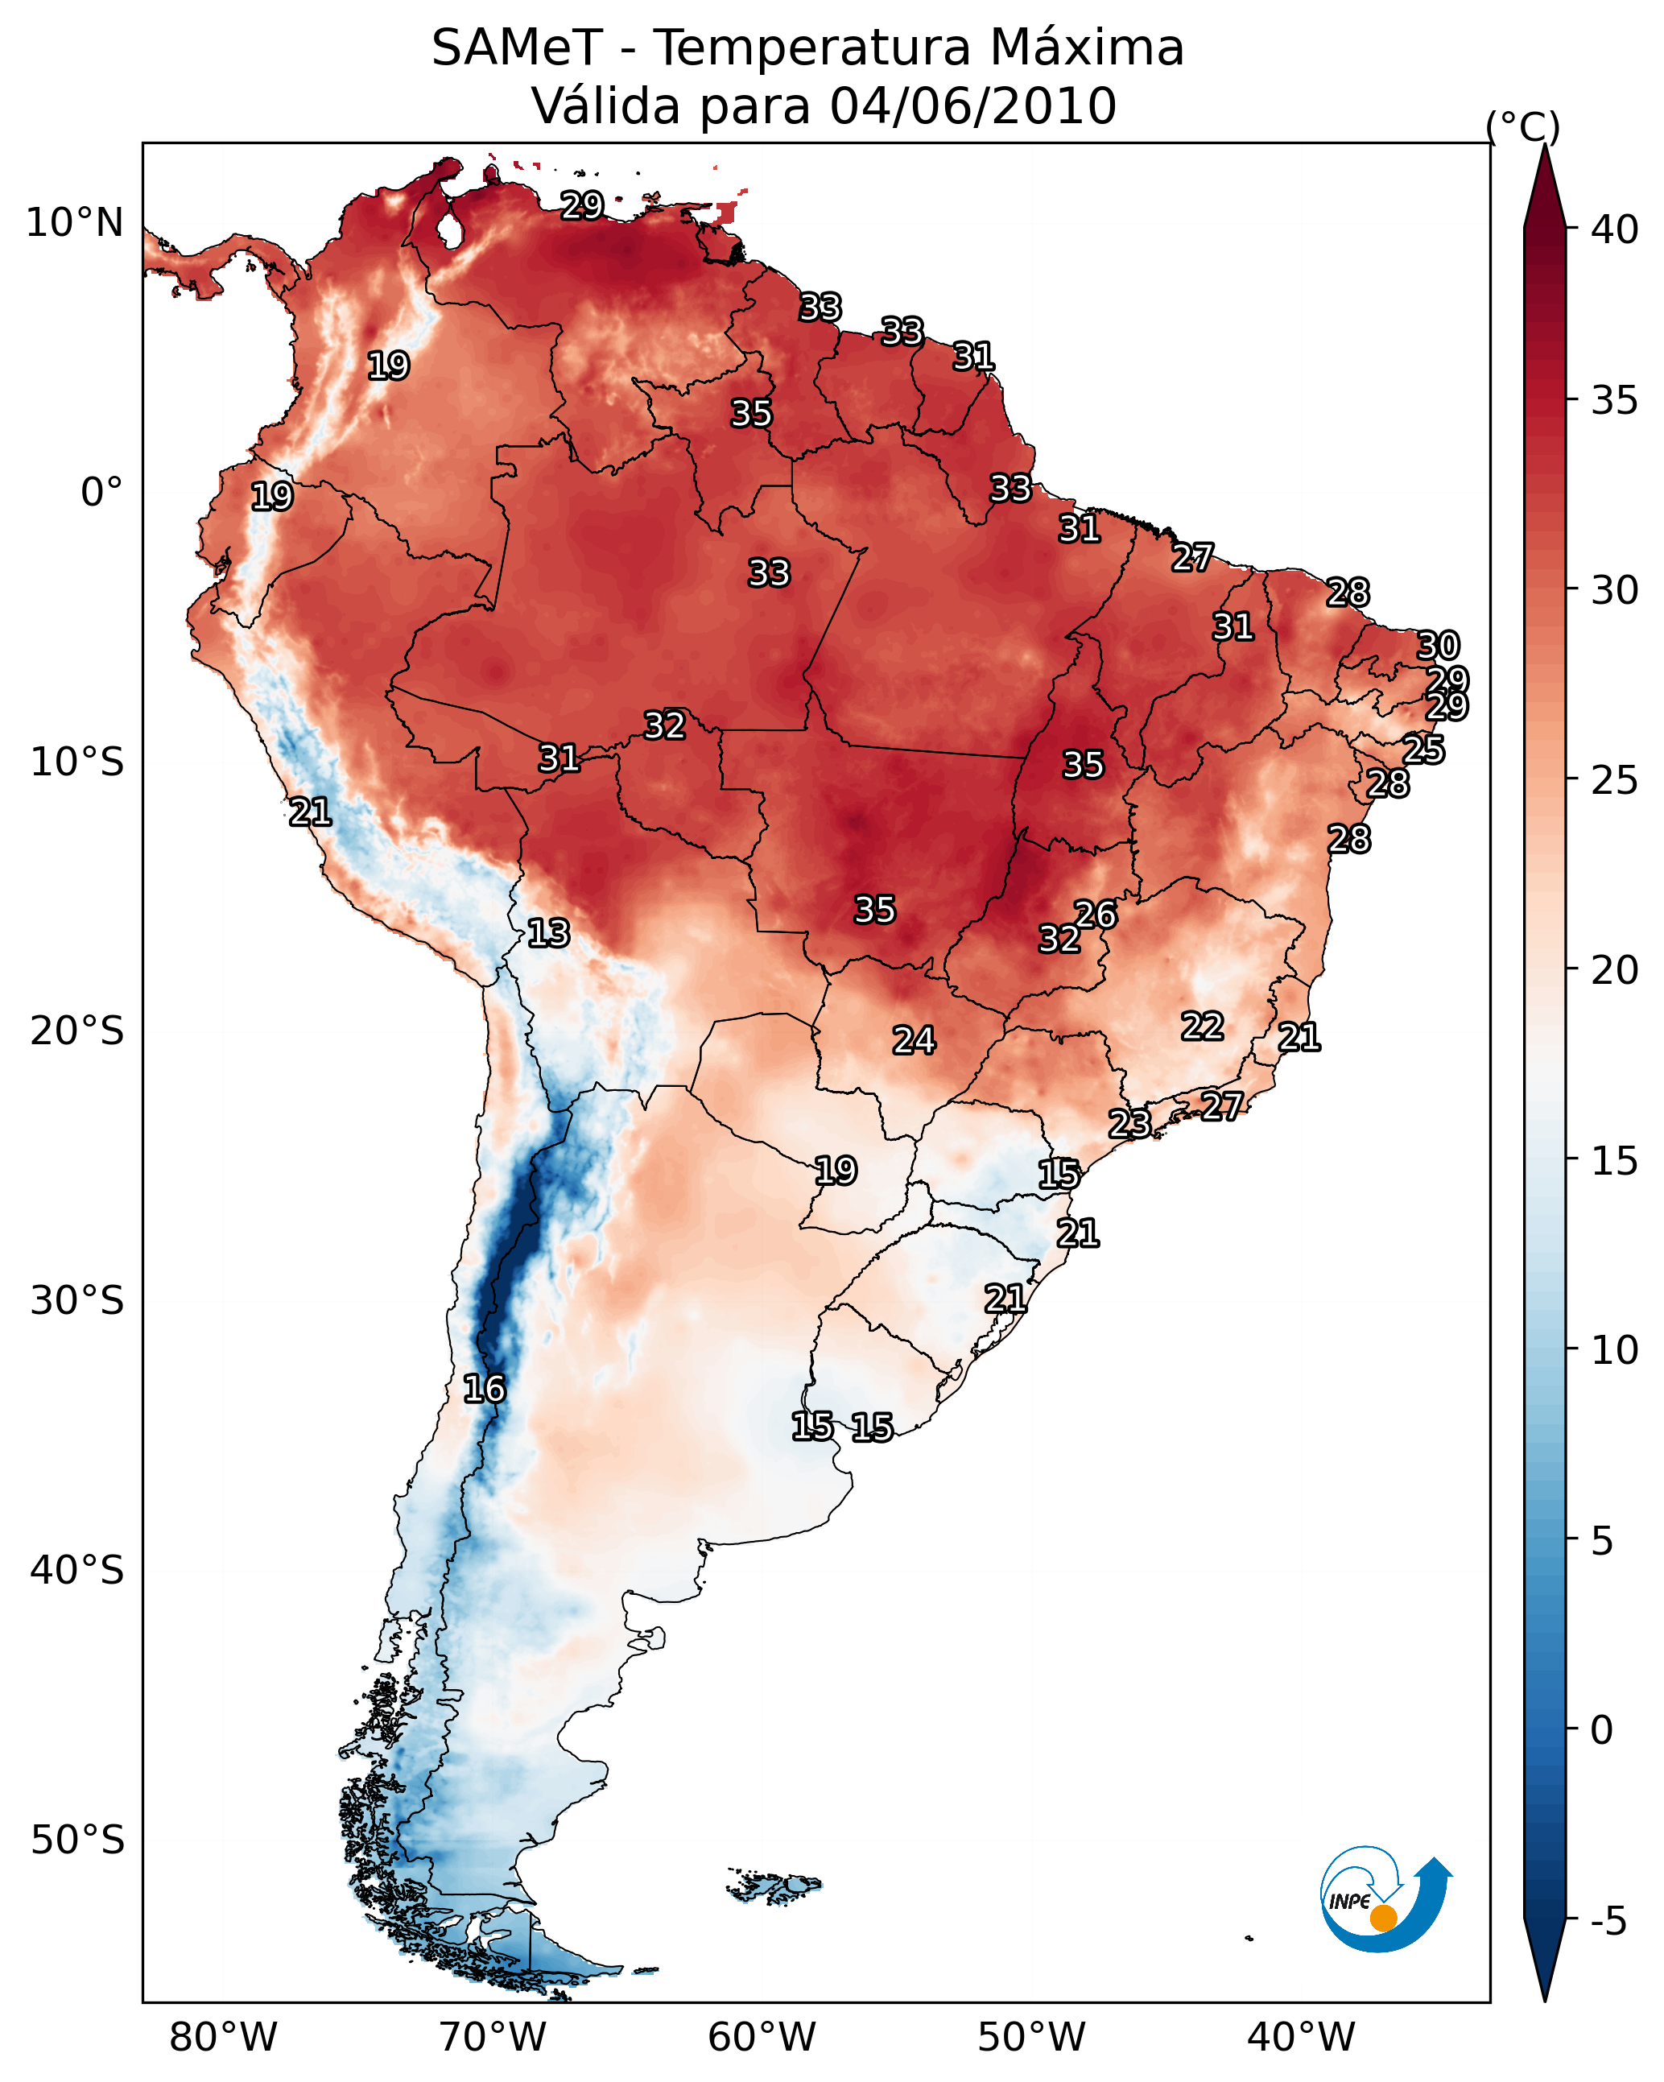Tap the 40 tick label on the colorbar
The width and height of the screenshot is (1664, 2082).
click(1615, 229)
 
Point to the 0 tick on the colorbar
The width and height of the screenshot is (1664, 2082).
click(1601, 1730)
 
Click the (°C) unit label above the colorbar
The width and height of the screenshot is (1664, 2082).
click(1522, 126)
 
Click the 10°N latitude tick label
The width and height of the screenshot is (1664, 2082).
click(74, 223)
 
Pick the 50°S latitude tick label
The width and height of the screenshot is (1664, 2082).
click(77, 1840)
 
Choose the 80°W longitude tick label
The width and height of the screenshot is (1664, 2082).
click(223, 2037)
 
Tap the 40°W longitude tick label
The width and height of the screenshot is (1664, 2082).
click(1301, 2037)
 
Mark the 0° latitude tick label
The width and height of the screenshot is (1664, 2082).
click(101, 493)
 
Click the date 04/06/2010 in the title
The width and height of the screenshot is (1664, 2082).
click(972, 105)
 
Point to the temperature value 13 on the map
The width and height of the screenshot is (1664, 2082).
click(548, 933)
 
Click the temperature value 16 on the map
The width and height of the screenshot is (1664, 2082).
click(484, 1389)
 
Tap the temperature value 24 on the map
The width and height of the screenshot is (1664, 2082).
click(914, 1040)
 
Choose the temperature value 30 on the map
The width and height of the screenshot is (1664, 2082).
click(1438, 645)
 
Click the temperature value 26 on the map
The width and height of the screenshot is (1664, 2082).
click(1096, 914)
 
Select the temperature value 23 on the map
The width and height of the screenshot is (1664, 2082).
click(1129, 1123)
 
